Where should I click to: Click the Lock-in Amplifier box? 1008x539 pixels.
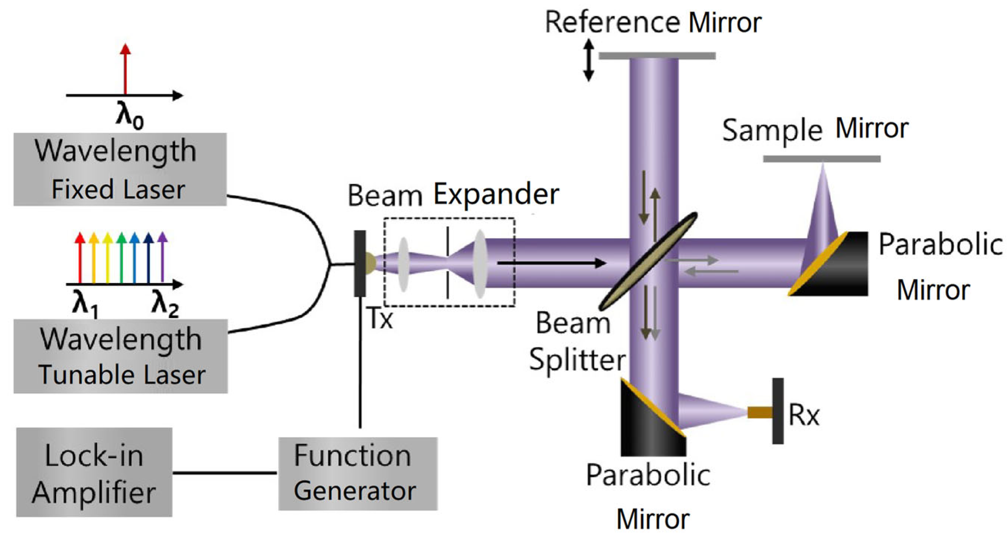click(x=94, y=472)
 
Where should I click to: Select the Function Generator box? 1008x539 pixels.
click(x=357, y=473)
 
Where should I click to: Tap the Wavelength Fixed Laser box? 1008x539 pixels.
click(x=120, y=169)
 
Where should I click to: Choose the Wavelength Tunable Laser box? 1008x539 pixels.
click(x=120, y=356)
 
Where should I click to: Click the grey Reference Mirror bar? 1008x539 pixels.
click(x=657, y=56)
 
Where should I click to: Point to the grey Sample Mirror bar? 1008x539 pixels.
click(x=822, y=159)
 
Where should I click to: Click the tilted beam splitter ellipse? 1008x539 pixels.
click(x=648, y=261)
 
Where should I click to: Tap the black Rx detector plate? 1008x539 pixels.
click(x=778, y=411)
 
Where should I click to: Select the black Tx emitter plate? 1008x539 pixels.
click(x=359, y=264)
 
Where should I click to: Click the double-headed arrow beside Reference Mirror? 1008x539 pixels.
click(x=589, y=60)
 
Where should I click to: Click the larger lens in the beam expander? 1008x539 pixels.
click(x=480, y=264)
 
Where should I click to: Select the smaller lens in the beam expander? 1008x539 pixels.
click(x=403, y=264)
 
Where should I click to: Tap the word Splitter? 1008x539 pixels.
click(x=577, y=360)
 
